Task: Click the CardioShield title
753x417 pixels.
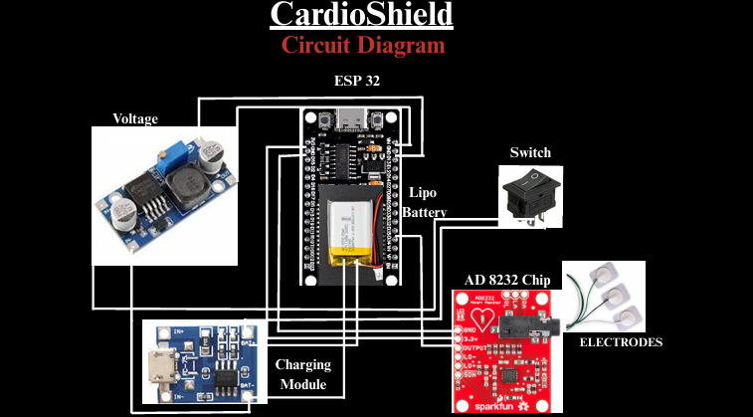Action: pos(361,15)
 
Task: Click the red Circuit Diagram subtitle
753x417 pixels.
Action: pos(362,45)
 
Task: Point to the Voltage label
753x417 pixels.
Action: pos(135,118)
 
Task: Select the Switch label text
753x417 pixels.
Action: pos(530,152)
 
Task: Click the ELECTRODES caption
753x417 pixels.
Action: pos(620,341)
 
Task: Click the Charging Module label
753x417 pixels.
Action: pos(302,374)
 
